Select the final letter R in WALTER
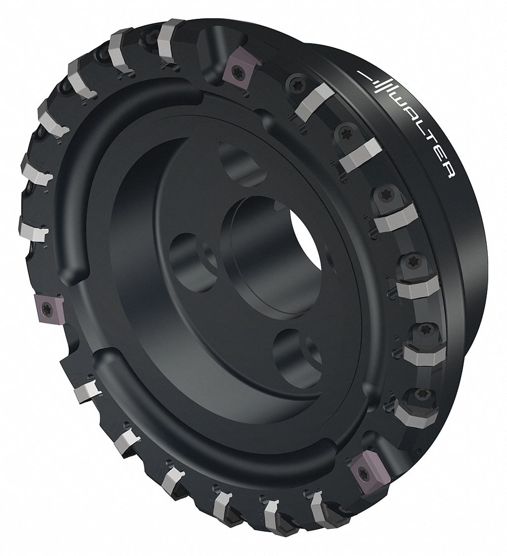click(448, 172)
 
